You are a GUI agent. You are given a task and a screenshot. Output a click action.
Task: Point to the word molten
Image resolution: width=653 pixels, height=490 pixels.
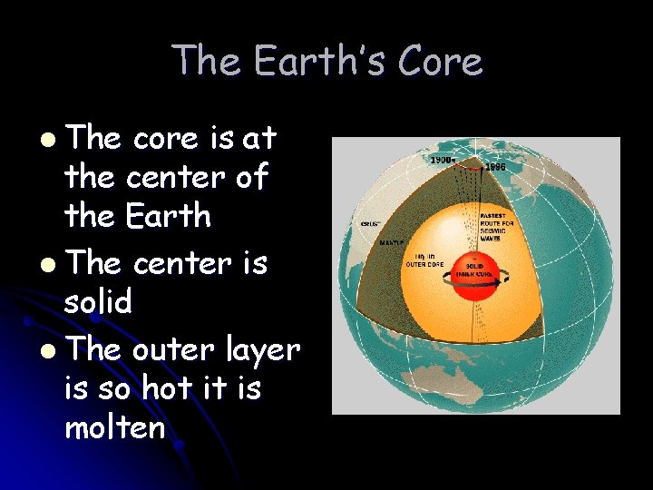pyautogui.click(x=115, y=427)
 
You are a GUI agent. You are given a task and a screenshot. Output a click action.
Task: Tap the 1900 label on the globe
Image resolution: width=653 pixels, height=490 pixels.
pyautogui.click(x=442, y=161)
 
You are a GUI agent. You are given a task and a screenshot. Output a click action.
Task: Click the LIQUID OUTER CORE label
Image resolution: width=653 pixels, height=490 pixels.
pyautogui.click(x=422, y=260)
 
